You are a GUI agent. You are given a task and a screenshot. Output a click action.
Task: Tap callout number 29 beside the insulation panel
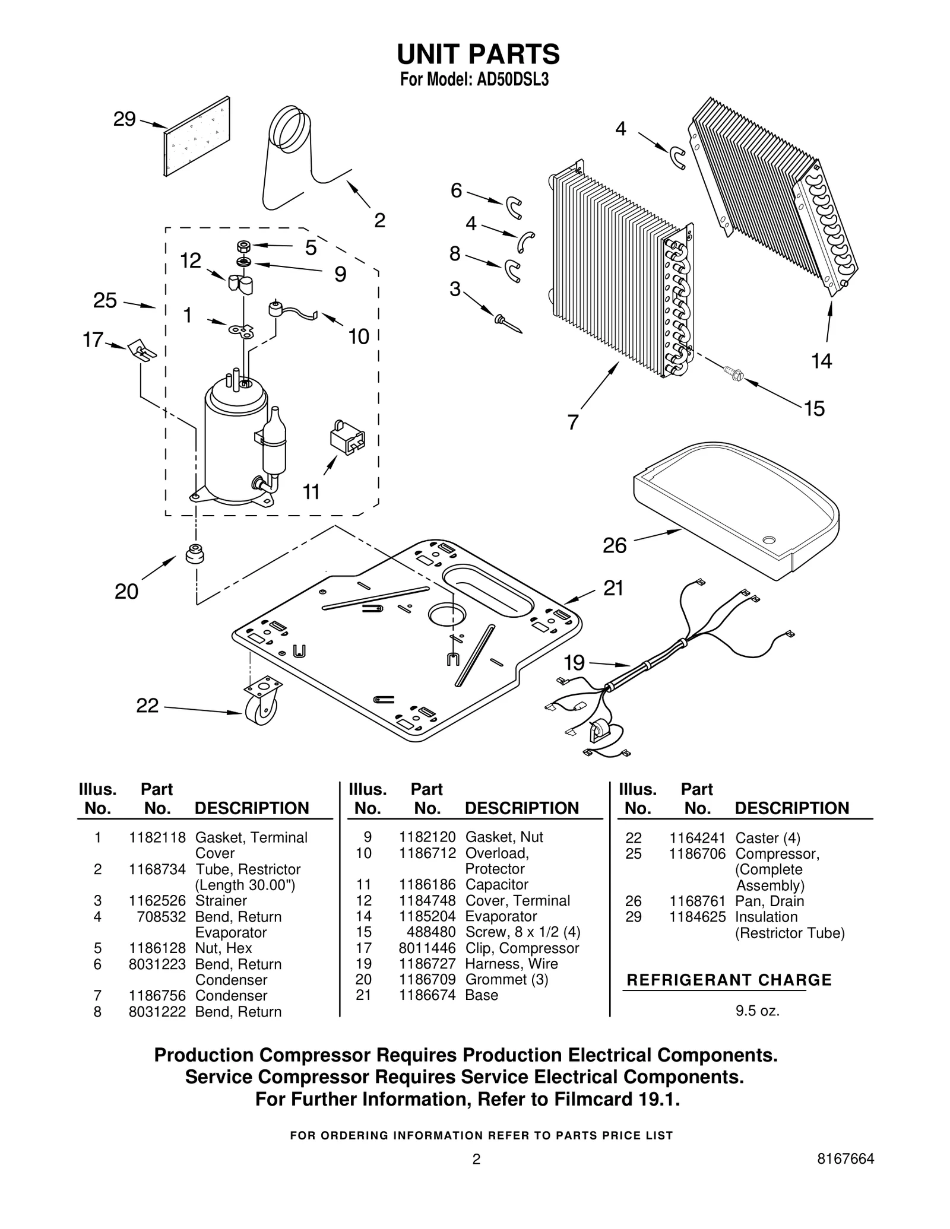125,119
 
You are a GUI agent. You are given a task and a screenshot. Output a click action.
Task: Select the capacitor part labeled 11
347,439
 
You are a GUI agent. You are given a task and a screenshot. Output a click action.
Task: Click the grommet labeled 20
194,554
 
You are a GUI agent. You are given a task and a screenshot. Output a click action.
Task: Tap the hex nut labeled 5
242,245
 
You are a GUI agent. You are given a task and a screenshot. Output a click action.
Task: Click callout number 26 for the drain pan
615,545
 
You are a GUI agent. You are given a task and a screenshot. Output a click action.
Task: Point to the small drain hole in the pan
769,539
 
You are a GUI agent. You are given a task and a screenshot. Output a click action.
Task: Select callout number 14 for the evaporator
821,360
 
